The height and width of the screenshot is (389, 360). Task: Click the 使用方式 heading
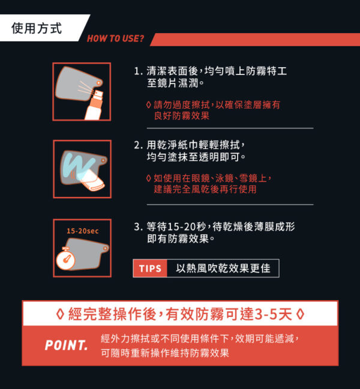click(x=37, y=28)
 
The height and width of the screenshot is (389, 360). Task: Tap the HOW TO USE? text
click(x=115, y=40)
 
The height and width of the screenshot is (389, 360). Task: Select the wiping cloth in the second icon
click(x=93, y=179)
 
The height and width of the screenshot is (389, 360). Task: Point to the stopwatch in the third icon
click(x=65, y=259)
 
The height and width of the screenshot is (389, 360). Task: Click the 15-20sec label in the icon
click(x=82, y=231)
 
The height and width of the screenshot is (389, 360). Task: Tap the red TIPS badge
click(x=150, y=268)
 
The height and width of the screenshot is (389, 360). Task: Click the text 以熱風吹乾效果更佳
click(x=223, y=268)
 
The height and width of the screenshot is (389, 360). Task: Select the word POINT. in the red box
click(x=66, y=346)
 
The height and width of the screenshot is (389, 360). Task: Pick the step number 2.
click(x=137, y=145)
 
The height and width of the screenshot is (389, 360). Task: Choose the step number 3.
click(x=137, y=227)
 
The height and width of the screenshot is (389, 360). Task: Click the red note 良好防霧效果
click(x=181, y=116)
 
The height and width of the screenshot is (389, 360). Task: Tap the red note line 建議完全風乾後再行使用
click(x=205, y=189)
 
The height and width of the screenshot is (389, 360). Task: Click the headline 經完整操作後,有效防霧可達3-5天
click(x=180, y=314)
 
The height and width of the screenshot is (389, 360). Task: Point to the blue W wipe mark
click(x=76, y=163)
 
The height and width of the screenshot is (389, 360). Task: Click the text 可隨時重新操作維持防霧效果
click(x=165, y=353)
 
